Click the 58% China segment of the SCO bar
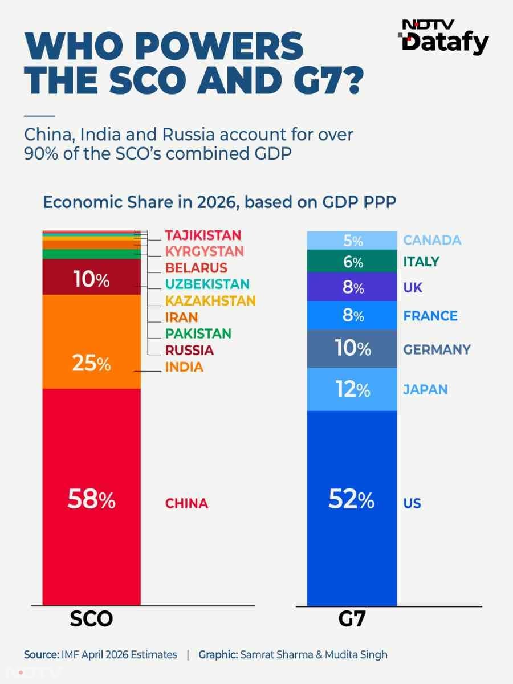(91, 497)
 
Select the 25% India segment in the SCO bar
(91, 342)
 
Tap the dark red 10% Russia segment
(91, 276)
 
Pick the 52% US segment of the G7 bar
(352, 508)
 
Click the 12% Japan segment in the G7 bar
(352, 389)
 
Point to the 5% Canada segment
(352, 241)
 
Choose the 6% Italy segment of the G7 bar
(352, 261)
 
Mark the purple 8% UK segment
(352, 287)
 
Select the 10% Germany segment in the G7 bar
(352, 349)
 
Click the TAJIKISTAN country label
(203, 235)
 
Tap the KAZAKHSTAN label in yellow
(210, 301)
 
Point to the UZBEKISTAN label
(207, 284)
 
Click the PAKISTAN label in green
(198, 334)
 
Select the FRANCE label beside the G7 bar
(430, 316)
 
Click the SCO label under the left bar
(91, 619)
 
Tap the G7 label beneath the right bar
(352, 619)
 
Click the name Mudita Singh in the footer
(356, 655)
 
